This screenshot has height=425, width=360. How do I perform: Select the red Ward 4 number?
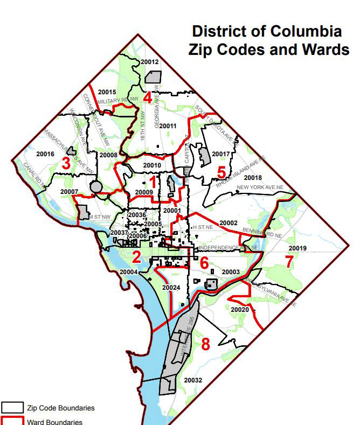click(x=148, y=98)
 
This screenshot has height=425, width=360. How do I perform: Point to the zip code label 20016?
click(x=45, y=154)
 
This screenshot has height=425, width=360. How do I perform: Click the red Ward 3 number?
click(x=66, y=163)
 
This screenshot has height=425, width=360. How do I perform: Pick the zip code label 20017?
click(x=221, y=155)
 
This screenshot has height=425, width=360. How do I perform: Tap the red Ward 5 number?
click(x=221, y=172)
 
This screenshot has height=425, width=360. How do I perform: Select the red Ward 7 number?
click(x=289, y=262)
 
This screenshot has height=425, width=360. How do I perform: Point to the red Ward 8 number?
click(x=205, y=344)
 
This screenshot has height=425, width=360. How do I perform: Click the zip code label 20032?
click(x=192, y=380)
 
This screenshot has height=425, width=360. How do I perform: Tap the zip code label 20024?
click(x=171, y=288)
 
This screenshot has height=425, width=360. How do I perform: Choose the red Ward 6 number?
click(x=204, y=263)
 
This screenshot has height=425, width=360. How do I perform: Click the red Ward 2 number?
click(x=136, y=257)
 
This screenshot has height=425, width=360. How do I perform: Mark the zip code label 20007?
click(x=70, y=192)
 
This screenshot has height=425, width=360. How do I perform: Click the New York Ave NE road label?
click(x=266, y=187)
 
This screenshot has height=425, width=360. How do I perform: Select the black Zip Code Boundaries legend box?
click(x=12, y=408)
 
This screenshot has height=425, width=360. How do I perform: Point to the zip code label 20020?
click(x=239, y=310)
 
